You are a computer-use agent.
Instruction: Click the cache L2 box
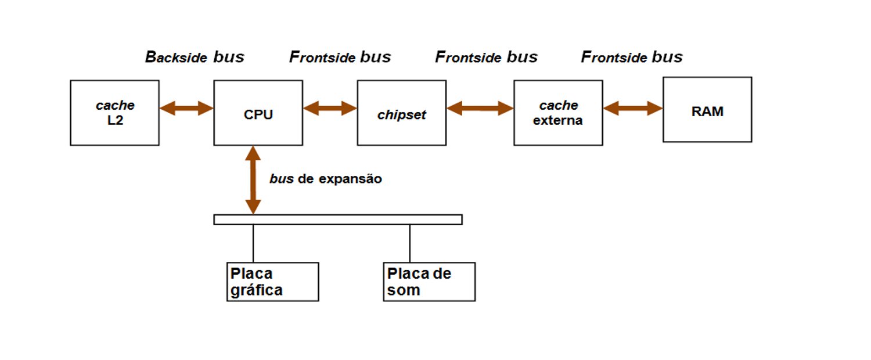114,113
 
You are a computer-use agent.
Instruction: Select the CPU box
258,113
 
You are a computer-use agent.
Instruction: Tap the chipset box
401,113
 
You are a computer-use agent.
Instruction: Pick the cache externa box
558,113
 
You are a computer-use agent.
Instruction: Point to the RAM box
707,110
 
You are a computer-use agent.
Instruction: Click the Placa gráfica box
272,282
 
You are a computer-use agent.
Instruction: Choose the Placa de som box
429,282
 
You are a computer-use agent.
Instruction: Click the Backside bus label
194,57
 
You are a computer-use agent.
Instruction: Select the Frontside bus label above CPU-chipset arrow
340,57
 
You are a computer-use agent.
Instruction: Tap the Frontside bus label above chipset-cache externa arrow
486,57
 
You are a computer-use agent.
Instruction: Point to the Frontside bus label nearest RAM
632,57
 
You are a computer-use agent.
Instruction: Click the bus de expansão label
325,179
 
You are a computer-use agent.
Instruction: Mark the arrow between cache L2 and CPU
186,108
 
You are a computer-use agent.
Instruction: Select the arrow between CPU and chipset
330,108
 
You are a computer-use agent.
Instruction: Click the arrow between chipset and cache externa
480,108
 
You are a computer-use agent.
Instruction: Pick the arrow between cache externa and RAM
632,108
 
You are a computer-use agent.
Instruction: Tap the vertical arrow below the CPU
253,180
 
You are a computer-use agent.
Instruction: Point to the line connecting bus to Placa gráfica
253,243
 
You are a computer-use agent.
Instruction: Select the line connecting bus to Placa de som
410,243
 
